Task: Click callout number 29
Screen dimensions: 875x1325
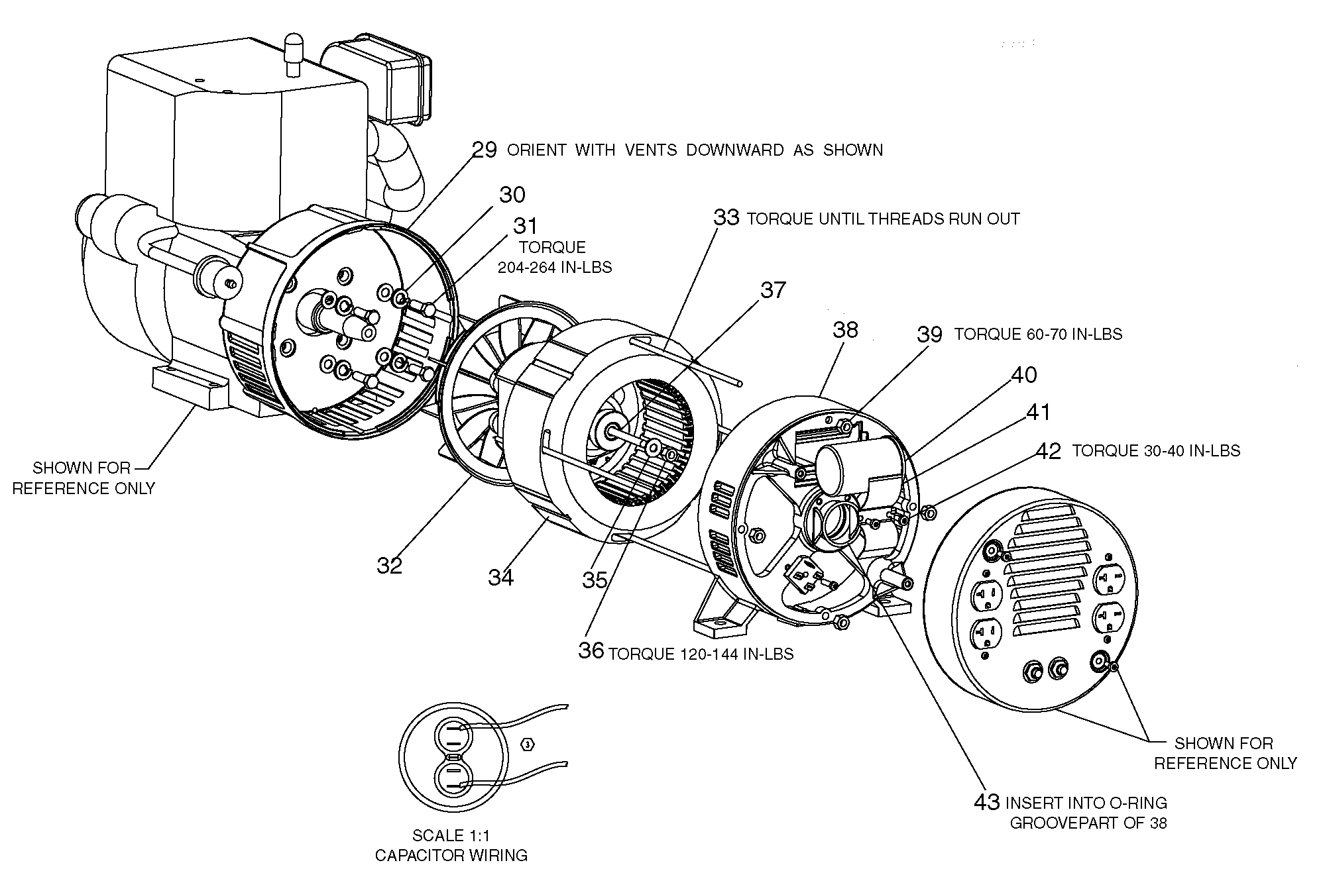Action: click(485, 150)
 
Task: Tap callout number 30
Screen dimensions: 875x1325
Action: click(512, 195)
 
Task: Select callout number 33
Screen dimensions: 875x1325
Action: click(726, 218)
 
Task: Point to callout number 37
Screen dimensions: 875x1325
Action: click(773, 290)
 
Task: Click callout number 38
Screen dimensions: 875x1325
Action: click(845, 330)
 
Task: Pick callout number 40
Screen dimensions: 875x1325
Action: click(1024, 375)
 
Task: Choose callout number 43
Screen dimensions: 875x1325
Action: click(987, 802)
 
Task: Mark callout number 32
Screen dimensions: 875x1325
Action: click(390, 565)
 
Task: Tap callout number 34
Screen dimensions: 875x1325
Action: click(501, 578)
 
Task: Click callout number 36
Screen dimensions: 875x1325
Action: click(591, 650)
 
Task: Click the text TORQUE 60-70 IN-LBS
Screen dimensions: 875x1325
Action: click(1038, 334)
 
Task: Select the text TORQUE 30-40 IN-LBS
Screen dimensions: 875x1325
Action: click(1156, 450)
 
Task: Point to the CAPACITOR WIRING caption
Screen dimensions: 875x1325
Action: click(451, 855)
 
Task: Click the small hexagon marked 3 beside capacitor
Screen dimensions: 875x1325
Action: click(528, 745)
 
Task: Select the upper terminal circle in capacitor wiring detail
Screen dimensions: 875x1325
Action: click(453, 735)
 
